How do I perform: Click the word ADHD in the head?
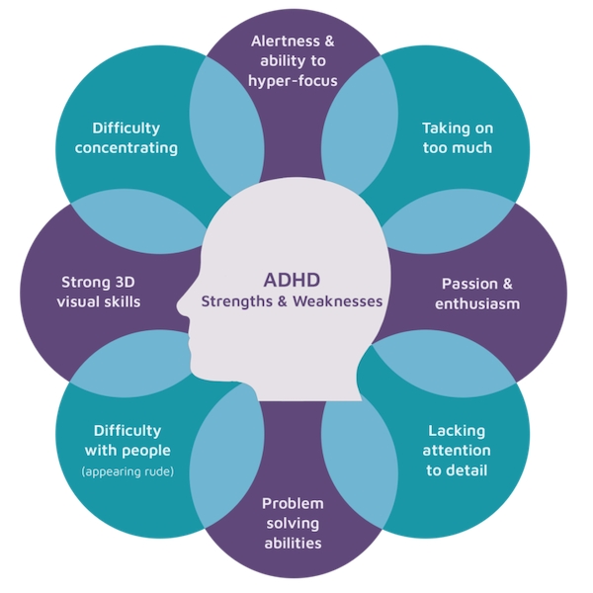292,281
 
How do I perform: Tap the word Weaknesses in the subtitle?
338,301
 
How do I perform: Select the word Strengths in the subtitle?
237,302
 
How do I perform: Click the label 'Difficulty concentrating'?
127,138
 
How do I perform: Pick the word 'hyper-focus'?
293,82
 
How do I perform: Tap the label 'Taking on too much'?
458,138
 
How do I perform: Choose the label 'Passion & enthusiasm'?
477,294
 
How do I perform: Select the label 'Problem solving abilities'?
294,524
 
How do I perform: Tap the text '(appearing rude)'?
127,471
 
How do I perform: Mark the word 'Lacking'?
457,431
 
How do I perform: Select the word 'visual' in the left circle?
78,301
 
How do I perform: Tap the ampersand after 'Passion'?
507,284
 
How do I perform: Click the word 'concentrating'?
127,148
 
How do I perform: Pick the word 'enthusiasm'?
477,304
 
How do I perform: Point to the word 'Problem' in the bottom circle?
294,503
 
